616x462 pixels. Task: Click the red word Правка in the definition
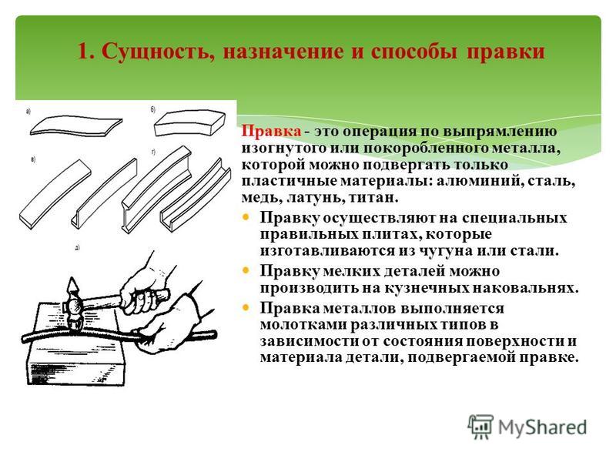coord(271,131)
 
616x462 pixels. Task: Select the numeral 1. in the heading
coord(86,52)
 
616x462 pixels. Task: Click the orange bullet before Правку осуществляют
coord(246,217)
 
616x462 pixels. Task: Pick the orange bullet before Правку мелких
coord(246,270)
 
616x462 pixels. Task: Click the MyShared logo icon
coord(480,427)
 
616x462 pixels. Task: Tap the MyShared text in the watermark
coord(542,427)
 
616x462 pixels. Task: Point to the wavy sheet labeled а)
coord(75,126)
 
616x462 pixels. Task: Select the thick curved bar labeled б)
coord(189,123)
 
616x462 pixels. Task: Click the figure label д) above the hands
coord(78,248)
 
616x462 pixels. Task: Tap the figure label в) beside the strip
coord(33,159)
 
